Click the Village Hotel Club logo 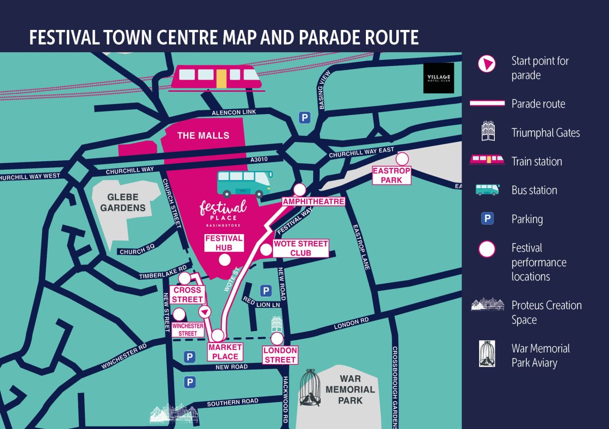click(x=438, y=79)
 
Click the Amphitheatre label click(x=313, y=201)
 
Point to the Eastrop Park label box click(x=391, y=175)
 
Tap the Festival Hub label click(x=224, y=243)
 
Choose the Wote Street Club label click(x=300, y=248)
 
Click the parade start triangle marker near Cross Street click(x=204, y=311)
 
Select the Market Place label click(x=225, y=351)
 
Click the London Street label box click(x=280, y=355)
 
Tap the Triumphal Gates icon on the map click(x=277, y=324)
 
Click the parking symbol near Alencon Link click(x=304, y=118)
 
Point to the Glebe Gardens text click(x=123, y=203)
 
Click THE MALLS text click(x=203, y=135)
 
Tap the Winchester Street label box click(x=188, y=330)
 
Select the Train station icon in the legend click(x=487, y=161)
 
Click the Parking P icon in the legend click(x=487, y=219)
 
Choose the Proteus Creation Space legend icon click(x=487, y=304)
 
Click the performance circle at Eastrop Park click(x=402, y=159)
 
